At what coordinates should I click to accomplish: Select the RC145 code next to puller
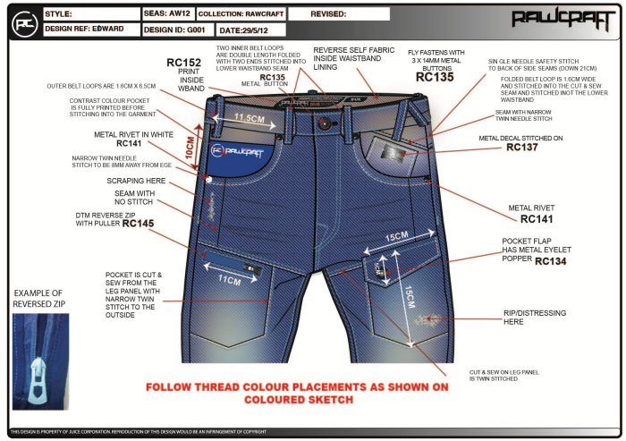(139, 224)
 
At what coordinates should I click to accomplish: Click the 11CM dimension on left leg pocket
(230, 280)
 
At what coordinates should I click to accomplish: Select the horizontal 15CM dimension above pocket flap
(398, 238)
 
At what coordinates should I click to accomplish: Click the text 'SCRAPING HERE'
(131, 180)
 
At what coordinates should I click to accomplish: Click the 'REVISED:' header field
(336, 14)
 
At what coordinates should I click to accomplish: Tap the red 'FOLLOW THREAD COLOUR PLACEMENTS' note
(310, 394)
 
